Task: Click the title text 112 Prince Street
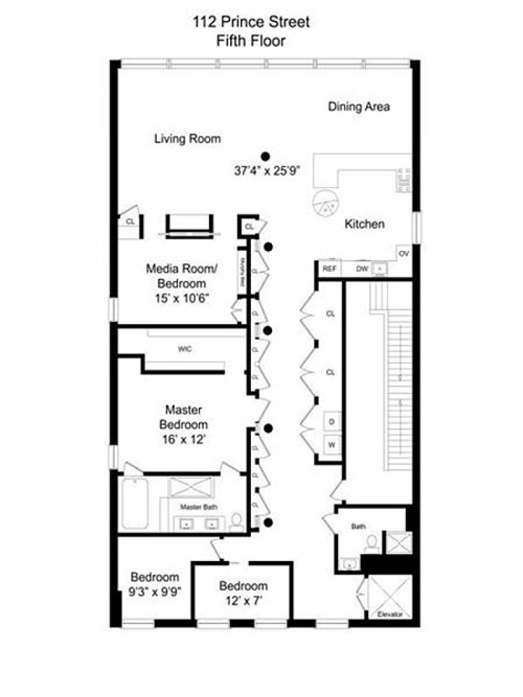pyautogui.click(x=251, y=23)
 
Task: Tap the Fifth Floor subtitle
pyautogui.click(x=251, y=41)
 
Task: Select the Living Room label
pyautogui.click(x=188, y=138)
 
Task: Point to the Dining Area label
pyautogui.click(x=359, y=106)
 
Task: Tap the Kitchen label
pyautogui.click(x=364, y=224)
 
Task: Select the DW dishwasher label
pyautogui.click(x=362, y=268)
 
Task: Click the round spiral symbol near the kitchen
pyautogui.click(x=322, y=204)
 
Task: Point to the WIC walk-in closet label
pyautogui.click(x=185, y=349)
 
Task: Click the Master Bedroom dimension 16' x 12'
pyautogui.click(x=183, y=440)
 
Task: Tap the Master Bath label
pyautogui.click(x=199, y=506)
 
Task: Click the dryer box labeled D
pyautogui.click(x=331, y=423)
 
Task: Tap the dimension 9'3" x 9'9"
pyautogui.click(x=155, y=592)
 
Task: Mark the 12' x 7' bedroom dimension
pyautogui.click(x=243, y=600)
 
